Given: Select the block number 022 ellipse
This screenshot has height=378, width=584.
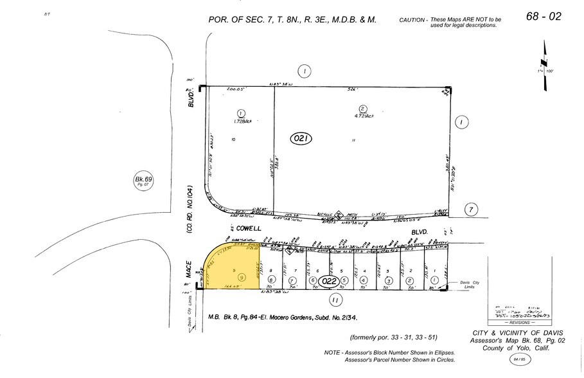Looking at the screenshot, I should click(328, 280).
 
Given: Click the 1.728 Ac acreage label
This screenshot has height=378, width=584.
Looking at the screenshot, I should click(242, 120).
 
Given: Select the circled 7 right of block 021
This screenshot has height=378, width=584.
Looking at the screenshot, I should click(472, 209).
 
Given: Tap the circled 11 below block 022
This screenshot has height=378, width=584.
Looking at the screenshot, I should click(335, 300).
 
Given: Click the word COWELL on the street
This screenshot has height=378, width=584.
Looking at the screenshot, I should click(247, 229).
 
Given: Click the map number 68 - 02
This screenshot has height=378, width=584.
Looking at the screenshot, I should click(544, 16).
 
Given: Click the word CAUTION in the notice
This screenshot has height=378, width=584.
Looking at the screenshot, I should click(412, 21).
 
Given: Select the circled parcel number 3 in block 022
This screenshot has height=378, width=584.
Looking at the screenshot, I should click(387, 280).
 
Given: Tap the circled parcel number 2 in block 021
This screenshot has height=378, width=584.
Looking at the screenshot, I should click(363, 109).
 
